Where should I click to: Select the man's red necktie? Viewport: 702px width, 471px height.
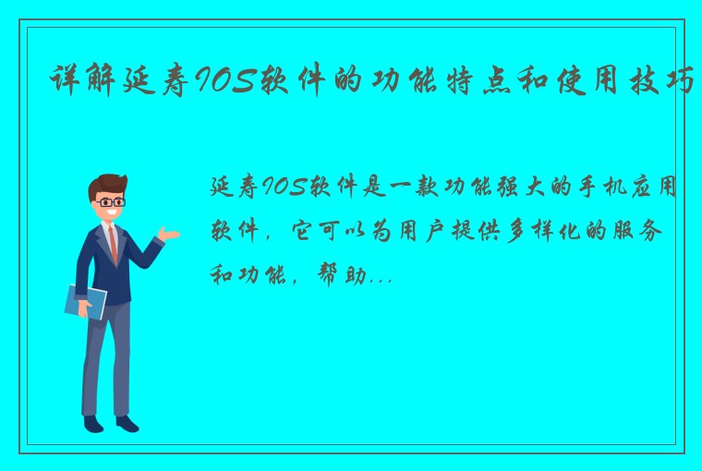coord(113,242)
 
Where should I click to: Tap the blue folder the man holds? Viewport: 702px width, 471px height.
coord(86,302)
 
